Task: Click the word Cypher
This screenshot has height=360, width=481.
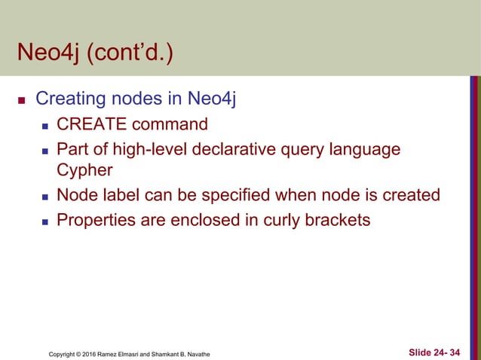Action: point(84,169)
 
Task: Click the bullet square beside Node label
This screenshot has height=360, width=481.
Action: point(45,196)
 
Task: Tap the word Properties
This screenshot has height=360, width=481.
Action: point(93,221)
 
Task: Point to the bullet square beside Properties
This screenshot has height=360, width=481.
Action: point(45,221)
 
